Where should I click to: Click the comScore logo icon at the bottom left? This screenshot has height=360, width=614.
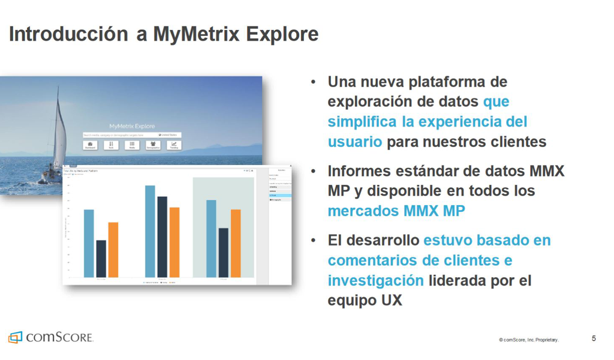pyautogui.click(x=15, y=337)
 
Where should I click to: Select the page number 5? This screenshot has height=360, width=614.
pyautogui.click(x=594, y=338)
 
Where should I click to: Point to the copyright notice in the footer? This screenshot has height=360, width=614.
pyautogui.click(x=528, y=340)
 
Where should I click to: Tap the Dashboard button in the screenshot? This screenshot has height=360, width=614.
pyautogui.click(x=90, y=145)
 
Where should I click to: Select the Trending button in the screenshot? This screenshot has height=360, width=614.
pyautogui.click(x=173, y=145)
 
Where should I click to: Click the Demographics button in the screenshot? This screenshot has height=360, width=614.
pyautogui.click(x=153, y=145)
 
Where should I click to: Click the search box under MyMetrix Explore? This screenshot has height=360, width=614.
pyautogui.click(x=120, y=135)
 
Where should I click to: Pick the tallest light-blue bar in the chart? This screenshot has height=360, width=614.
pyautogui.click(x=150, y=231)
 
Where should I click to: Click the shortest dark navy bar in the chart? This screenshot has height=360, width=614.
pyautogui.click(x=101, y=259)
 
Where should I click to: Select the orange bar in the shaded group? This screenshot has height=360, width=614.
pyautogui.click(x=236, y=243)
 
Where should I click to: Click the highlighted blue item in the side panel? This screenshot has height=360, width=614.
pyautogui.click(x=280, y=196)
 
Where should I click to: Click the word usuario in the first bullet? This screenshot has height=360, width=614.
pyautogui.click(x=354, y=142)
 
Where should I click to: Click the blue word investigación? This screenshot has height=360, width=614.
pyautogui.click(x=375, y=280)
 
